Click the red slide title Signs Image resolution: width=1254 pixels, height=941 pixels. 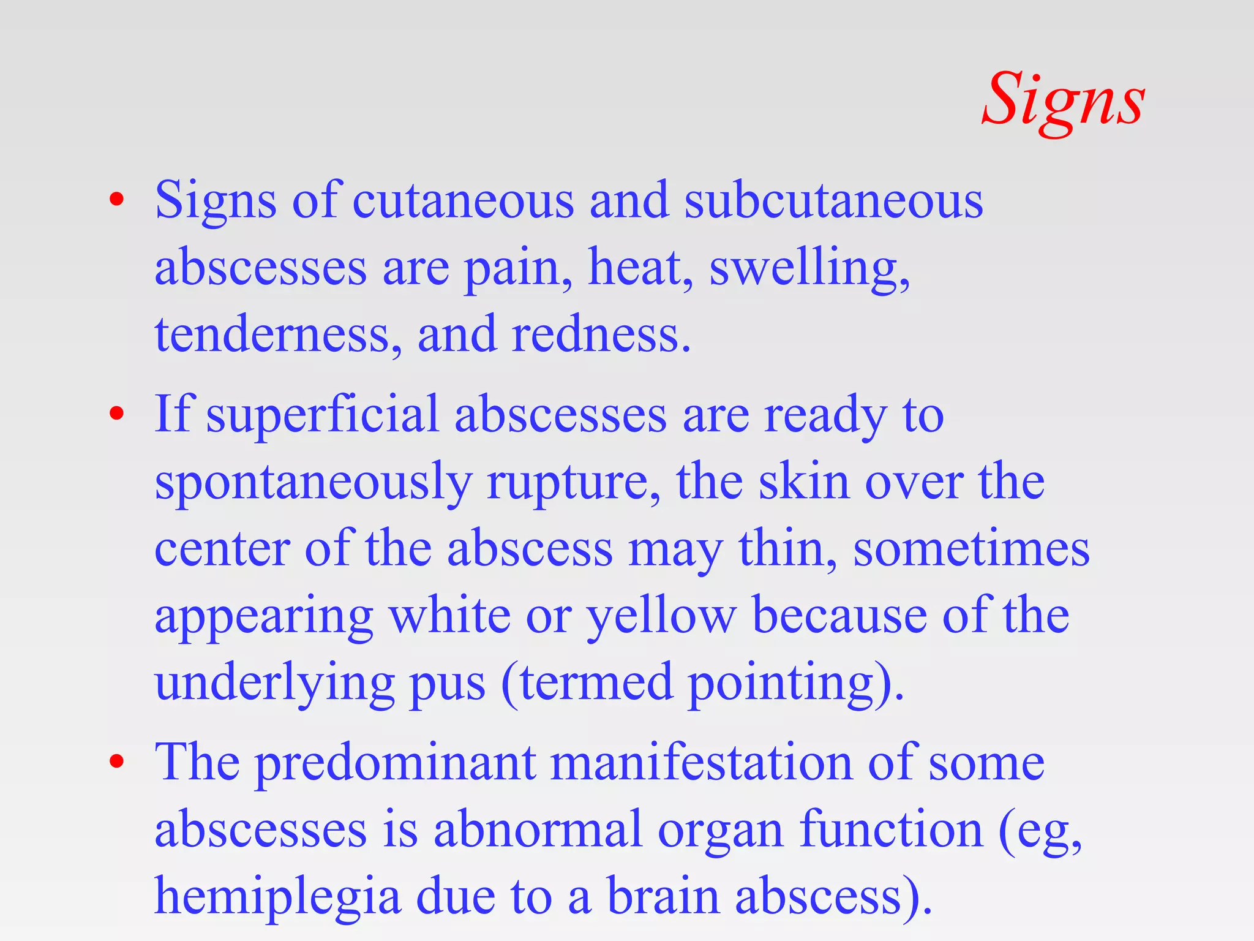click(x=1063, y=101)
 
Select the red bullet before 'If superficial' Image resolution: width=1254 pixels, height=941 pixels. click(x=116, y=414)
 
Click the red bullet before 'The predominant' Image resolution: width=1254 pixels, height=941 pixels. click(x=116, y=762)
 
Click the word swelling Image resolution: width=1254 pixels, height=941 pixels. click(x=808, y=270)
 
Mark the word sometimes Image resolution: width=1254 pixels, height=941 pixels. click(x=971, y=549)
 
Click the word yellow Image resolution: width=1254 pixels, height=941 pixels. click(x=661, y=616)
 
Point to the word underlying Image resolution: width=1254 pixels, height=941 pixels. click(x=274, y=684)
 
